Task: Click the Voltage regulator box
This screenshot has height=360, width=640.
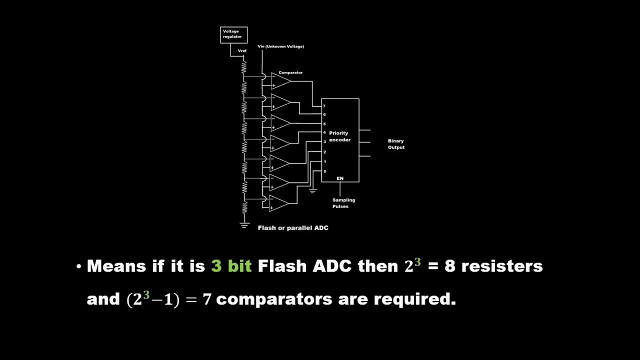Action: pos(233,34)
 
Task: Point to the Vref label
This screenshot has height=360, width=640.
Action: pos(242,51)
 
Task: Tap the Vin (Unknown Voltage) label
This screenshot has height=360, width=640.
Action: pos(280,46)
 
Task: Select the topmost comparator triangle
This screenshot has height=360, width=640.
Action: pos(280,81)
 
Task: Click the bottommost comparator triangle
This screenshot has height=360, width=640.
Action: pos(278,203)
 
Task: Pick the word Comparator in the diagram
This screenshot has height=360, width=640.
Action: pos(290,73)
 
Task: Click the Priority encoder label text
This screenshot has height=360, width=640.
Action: pos(339,136)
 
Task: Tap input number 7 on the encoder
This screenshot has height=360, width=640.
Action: pos(324,106)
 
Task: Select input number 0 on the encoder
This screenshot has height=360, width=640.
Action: pos(324,171)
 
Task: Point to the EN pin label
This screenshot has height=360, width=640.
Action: pos(340,178)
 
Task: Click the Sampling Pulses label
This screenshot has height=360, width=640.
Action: pos(343,203)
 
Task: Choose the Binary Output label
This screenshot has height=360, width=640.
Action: pos(396,144)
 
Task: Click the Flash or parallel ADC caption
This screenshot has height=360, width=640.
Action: pos(293,228)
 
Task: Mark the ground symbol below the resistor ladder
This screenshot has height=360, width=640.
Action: pos(244,224)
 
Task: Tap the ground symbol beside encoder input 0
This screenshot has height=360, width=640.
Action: pos(313,190)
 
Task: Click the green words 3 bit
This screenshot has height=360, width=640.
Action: pos(231,266)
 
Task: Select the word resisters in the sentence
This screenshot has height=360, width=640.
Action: pos(501,266)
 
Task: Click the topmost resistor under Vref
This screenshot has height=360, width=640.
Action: pos(244,67)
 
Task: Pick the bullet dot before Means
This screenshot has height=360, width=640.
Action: pos(78,266)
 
